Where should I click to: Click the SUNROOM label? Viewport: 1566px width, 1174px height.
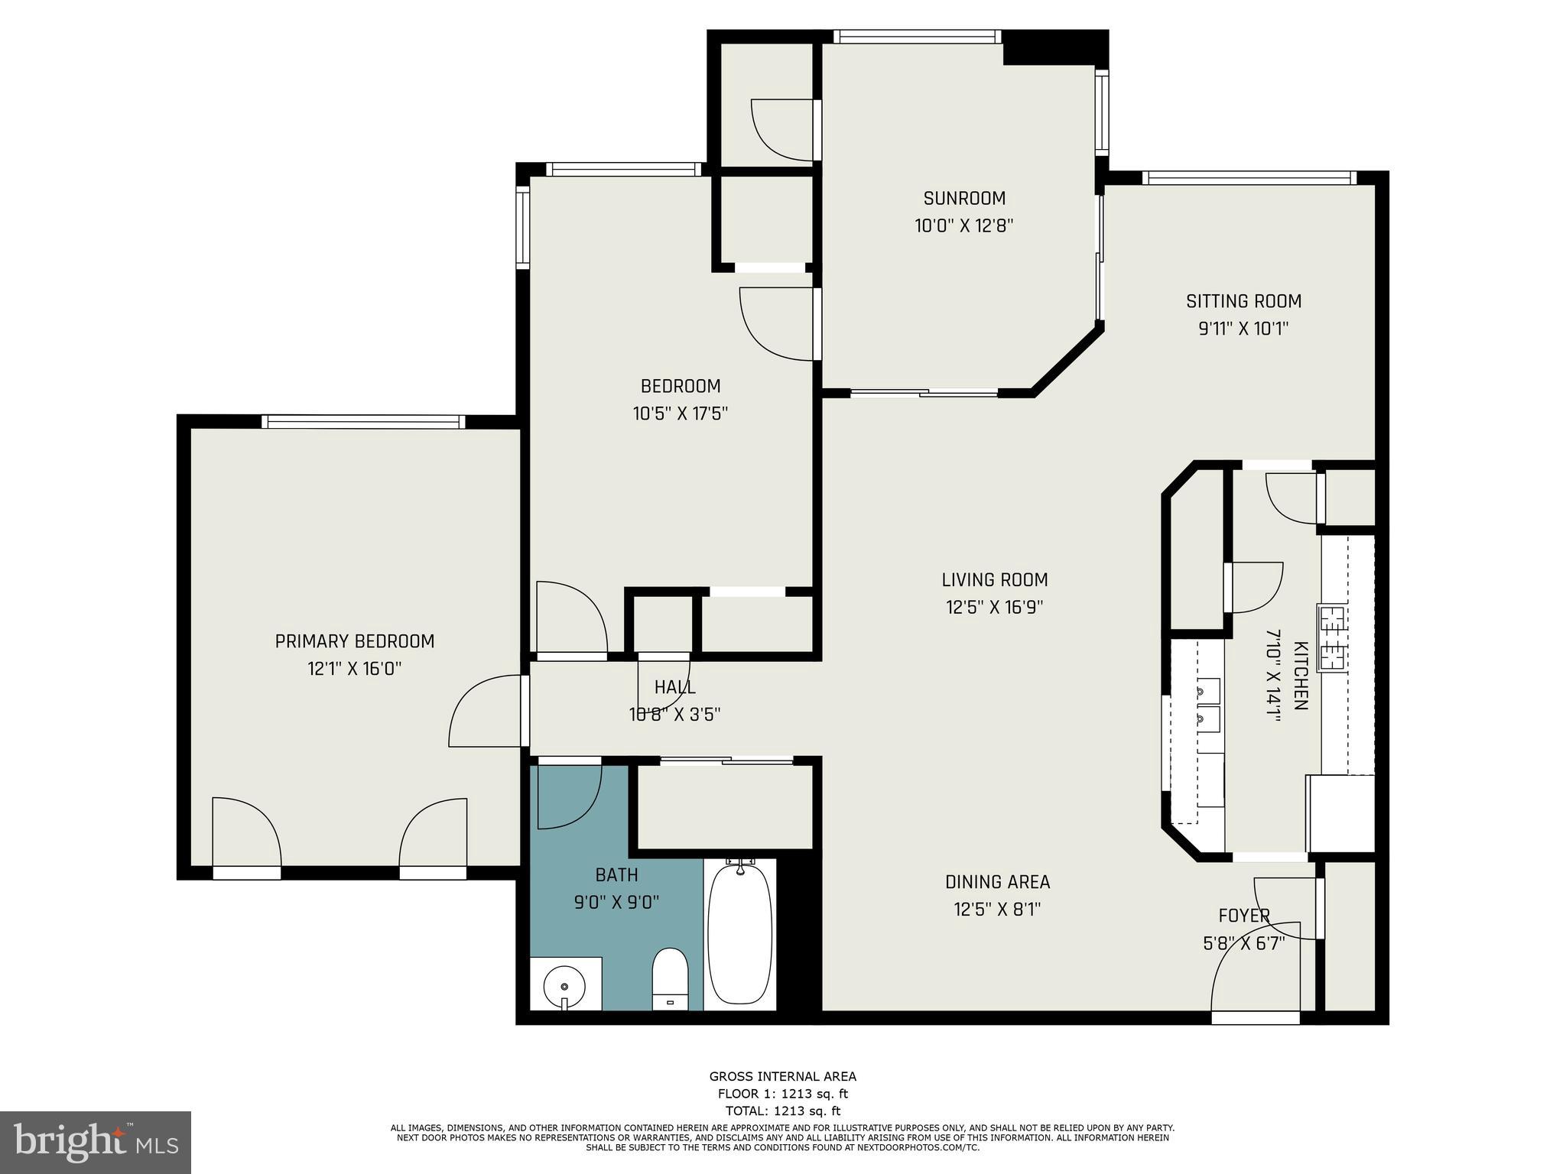(963, 199)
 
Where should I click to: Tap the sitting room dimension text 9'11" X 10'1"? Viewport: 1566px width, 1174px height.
(1243, 329)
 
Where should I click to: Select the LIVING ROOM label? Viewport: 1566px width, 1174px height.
(994, 580)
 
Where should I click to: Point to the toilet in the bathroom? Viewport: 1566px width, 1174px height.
(670, 979)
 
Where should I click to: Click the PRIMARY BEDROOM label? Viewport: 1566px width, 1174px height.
(355, 641)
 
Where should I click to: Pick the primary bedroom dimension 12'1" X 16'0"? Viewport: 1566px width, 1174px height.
(355, 669)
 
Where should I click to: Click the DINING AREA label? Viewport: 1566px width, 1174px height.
(997, 882)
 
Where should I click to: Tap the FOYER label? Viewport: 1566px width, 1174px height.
(1243, 916)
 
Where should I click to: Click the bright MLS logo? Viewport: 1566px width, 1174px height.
(95, 1142)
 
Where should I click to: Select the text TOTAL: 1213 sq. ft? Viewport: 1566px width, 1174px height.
(782, 1111)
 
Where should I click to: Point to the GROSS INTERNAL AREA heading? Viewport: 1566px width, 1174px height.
(782, 1076)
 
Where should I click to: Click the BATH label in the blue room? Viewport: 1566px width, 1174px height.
(616, 874)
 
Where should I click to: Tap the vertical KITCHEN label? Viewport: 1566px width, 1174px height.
(1300, 676)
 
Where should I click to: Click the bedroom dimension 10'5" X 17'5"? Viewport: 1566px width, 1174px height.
(680, 413)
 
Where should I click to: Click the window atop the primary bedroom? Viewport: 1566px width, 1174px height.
(363, 422)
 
